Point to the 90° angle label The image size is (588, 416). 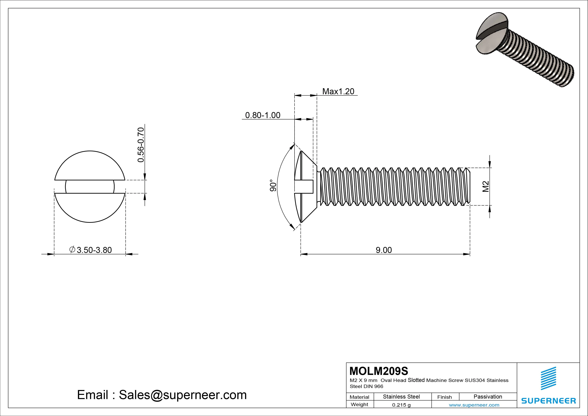tap(273, 185)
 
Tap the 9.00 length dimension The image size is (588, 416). tap(384, 250)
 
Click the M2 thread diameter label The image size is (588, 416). tap(486, 186)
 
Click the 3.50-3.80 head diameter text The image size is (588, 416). tap(94, 250)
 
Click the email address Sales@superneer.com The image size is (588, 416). tap(183, 395)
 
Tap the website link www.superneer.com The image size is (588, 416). tap(474, 405)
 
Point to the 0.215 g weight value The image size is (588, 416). tap(401, 405)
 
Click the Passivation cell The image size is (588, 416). tap(488, 397)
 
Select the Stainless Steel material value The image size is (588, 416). tap(401, 397)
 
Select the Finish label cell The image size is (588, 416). tap(445, 397)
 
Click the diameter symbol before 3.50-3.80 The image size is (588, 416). tap(72, 249)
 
